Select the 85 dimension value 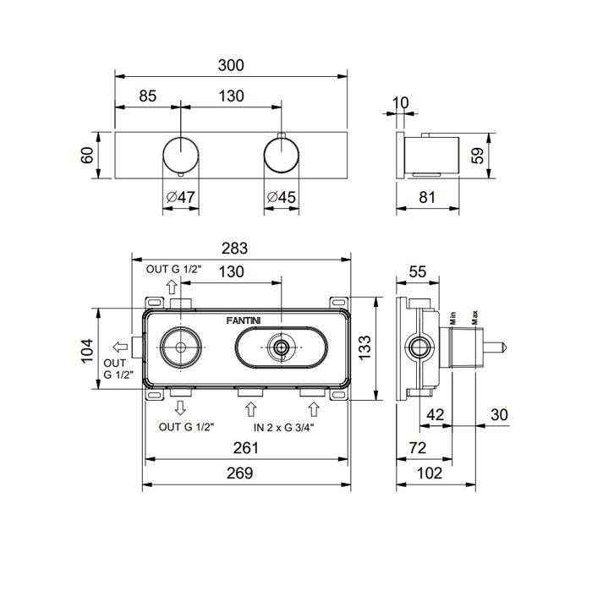[147, 96]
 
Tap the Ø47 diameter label [181, 197]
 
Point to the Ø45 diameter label [281, 197]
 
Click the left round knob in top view [181, 155]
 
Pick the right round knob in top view [282, 155]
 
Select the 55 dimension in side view [418, 271]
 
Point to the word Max [475, 317]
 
